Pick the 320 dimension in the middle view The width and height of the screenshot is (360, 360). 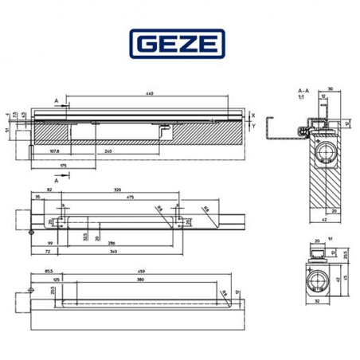pyautogui.click(x=117, y=190)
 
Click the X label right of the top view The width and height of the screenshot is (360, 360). pyautogui.click(x=252, y=115)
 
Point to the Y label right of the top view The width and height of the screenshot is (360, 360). pyautogui.click(x=252, y=126)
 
